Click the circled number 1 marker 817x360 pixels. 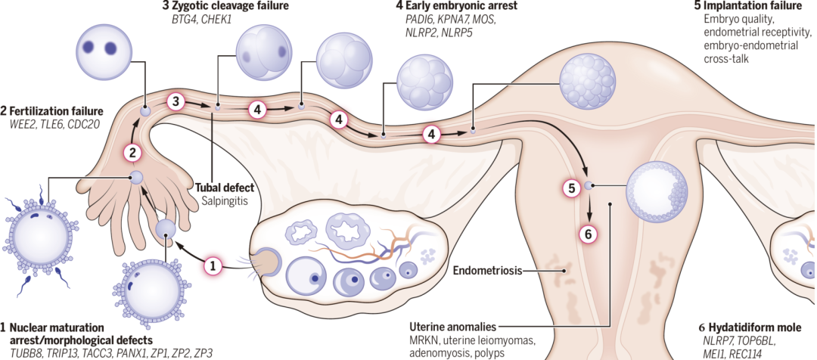pos(214,265)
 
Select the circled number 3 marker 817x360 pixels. pos(175,101)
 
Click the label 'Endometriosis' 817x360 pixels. pos(487,269)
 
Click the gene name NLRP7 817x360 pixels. pos(718,341)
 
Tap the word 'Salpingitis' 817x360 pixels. pos(226,202)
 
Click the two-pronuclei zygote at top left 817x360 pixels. pos(101,48)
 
